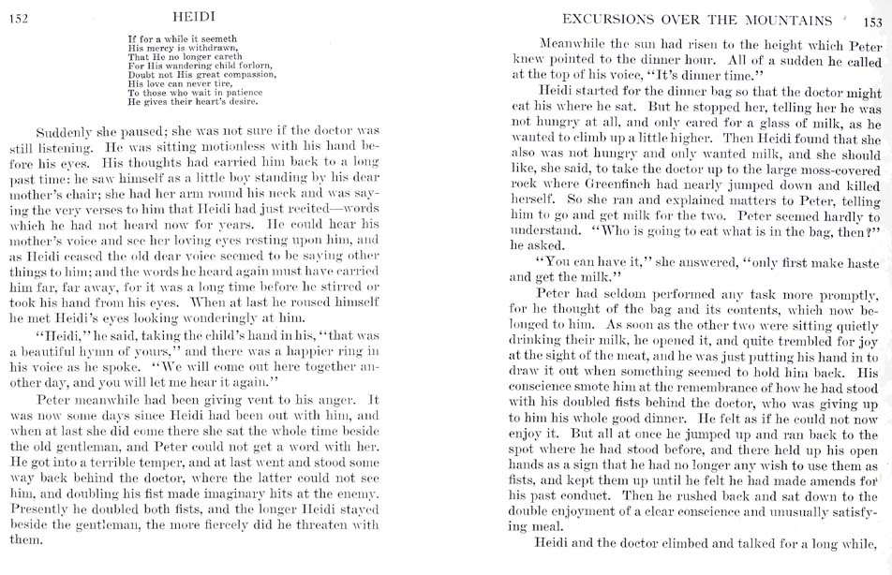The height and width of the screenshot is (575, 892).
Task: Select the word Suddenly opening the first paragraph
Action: [65, 130]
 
